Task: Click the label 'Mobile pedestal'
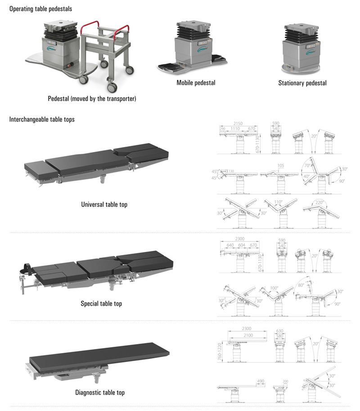click(196, 83)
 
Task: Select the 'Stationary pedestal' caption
click(302, 83)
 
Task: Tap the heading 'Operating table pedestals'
click(40, 9)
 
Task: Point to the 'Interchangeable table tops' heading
click(42, 120)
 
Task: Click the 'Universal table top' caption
click(104, 205)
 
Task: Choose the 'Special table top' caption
click(101, 304)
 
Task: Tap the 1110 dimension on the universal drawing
click(235, 129)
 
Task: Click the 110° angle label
click(279, 202)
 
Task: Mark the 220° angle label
click(321, 202)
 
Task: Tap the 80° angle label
click(301, 285)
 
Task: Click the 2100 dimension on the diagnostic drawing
click(247, 335)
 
